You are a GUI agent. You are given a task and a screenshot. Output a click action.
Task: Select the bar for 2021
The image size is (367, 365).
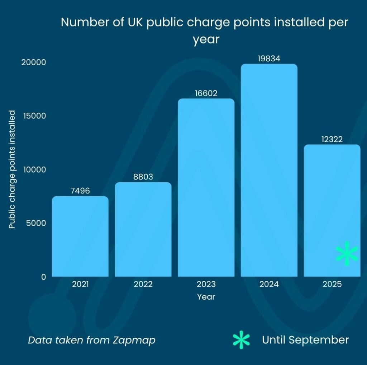pos(80,237)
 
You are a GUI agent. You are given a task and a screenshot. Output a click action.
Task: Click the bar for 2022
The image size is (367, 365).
pos(143,230)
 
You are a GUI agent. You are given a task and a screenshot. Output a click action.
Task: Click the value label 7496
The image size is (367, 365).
pos(80,191)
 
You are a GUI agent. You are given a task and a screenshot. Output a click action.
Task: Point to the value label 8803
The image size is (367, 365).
pos(143,177)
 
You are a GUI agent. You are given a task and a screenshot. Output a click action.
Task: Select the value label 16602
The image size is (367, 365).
pos(206,93)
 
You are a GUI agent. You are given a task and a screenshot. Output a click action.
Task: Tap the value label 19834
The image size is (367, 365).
pos(269,59)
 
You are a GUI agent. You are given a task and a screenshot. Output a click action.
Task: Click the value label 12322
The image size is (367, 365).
pos(332,139)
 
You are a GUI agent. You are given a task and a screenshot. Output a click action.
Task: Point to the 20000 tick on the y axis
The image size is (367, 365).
pos(34,62)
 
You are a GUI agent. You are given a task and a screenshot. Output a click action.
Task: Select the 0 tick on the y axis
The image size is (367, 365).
pos(43,277)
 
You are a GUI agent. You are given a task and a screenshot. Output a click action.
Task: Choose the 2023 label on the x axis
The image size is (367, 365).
pos(206,284)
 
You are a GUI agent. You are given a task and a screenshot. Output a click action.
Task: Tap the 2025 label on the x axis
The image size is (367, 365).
pos(332,284)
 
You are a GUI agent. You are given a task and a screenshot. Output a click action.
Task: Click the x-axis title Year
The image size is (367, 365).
pos(206,297)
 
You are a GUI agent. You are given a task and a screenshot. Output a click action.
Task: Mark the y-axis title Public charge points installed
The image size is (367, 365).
pos(12,169)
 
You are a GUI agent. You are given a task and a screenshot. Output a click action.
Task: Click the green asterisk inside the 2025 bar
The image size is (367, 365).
pos(347,253)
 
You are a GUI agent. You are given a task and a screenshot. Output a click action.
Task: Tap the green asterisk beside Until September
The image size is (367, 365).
pos(241,340)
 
